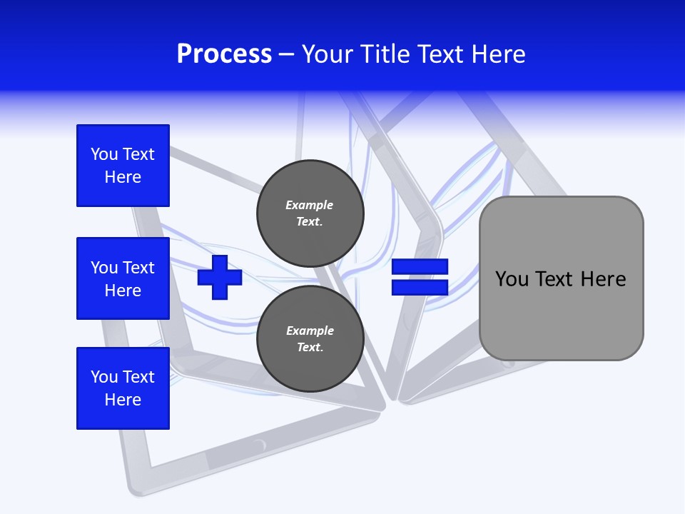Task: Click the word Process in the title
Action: click(x=224, y=54)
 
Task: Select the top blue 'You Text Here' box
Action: click(x=123, y=166)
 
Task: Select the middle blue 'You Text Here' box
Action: click(x=123, y=278)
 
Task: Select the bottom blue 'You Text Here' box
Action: click(x=123, y=388)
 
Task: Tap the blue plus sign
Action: click(x=220, y=277)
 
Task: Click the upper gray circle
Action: click(x=310, y=213)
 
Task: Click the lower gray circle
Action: click(x=310, y=339)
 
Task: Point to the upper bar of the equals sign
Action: click(x=420, y=267)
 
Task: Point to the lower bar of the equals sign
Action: click(x=420, y=287)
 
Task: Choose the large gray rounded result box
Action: click(x=561, y=314)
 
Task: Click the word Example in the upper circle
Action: click(x=310, y=205)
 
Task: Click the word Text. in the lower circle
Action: click(x=310, y=348)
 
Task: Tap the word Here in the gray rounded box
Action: click(x=603, y=279)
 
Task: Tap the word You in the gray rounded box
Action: click(x=512, y=279)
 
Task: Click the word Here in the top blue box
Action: click(x=123, y=177)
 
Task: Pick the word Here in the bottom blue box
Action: click(x=123, y=400)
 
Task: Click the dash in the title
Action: click(x=287, y=55)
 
